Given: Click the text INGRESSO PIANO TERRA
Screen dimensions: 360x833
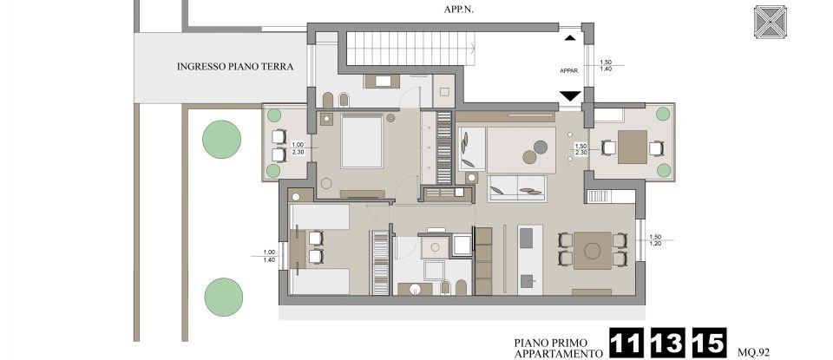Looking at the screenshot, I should [x=234, y=67].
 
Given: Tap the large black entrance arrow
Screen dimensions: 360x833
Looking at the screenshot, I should [x=569, y=96].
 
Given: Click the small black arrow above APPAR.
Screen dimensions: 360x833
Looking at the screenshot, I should [x=569, y=37].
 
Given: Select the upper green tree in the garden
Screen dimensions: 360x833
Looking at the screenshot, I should [x=221, y=139].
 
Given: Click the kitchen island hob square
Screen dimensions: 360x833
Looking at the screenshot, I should [x=528, y=281].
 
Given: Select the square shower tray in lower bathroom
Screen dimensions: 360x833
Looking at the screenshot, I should [x=434, y=247].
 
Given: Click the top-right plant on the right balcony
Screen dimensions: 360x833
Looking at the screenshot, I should [x=664, y=114].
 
